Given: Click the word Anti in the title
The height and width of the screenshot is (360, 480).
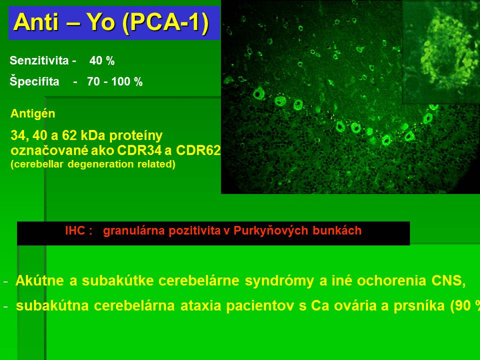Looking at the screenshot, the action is click(x=35, y=22).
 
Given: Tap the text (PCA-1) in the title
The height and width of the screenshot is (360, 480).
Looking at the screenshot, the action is click(x=165, y=22).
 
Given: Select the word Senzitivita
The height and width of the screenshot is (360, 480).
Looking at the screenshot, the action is click(x=39, y=60).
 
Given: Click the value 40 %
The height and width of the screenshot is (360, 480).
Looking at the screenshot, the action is click(x=102, y=60).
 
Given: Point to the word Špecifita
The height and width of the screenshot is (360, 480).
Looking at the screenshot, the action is click(x=34, y=81).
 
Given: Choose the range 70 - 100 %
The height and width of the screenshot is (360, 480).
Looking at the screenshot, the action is click(x=115, y=81).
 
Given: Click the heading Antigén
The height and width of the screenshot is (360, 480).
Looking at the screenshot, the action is click(x=33, y=113).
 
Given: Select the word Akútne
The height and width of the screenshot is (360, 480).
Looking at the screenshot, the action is click(x=40, y=280).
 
